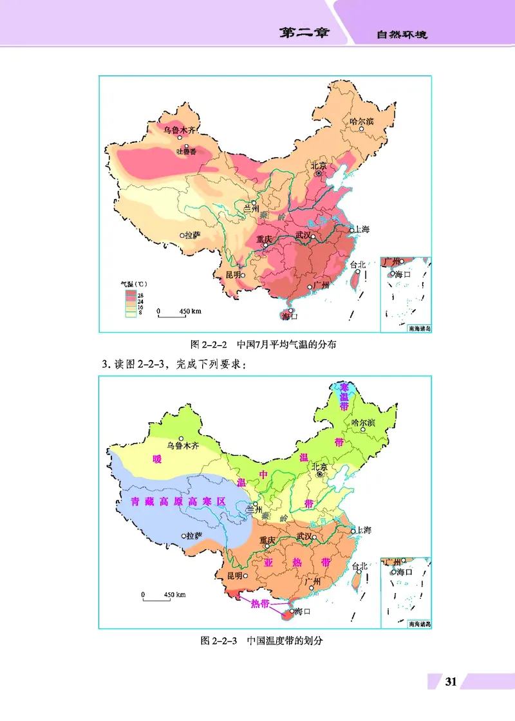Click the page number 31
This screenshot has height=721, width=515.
(x=451, y=682)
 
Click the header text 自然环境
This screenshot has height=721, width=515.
(x=402, y=35)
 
